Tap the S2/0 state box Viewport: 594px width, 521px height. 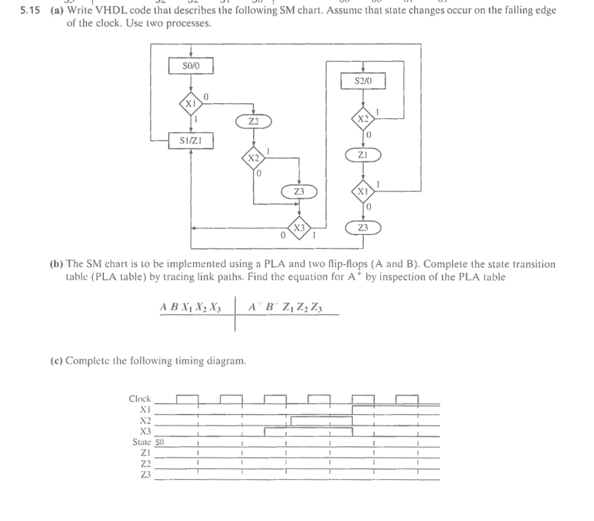tap(363, 81)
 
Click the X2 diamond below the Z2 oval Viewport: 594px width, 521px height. tap(253, 157)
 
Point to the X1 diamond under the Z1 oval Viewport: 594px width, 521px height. tap(363, 191)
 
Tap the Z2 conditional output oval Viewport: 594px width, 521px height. tap(253, 120)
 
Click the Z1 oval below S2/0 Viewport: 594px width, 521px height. tap(363, 154)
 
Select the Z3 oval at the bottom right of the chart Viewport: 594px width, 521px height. tap(363, 228)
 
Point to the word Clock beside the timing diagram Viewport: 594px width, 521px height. tap(140, 399)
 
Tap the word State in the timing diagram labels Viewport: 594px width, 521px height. tap(141, 442)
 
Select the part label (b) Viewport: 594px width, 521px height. tap(56, 264)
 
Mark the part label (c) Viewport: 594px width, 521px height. tap(56, 361)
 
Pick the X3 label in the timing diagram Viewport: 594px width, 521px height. tap(145, 431)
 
